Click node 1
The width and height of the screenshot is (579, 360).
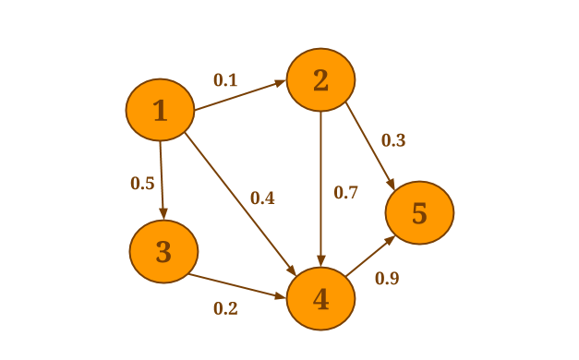point(161,110)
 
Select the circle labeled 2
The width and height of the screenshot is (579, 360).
point(320,79)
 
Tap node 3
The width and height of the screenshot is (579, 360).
point(163,251)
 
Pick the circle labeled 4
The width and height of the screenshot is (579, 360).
point(320,298)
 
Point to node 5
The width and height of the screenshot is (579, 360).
point(419,212)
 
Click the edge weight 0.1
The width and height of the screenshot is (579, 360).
point(225,79)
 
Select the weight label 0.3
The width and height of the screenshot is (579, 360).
point(393,140)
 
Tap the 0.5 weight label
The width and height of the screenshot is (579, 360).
point(142,183)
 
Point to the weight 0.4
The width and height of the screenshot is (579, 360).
point(262,198)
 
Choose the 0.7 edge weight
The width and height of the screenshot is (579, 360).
point(345,192)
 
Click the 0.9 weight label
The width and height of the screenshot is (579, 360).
point(387,278)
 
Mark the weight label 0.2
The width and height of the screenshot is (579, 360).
point(225,308)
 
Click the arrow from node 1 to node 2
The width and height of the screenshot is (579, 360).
point(240,95)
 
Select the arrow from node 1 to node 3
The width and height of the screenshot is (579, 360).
point(163,180)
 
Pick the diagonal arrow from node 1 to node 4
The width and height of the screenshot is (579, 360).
point(240,204)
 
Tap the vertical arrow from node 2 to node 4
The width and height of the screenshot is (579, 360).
point(320,188)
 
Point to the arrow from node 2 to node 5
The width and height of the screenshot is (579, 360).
point(370,147)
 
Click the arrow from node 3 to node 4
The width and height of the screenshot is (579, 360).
point(237,286)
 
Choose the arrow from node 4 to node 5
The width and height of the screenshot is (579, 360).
point(370,256)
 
